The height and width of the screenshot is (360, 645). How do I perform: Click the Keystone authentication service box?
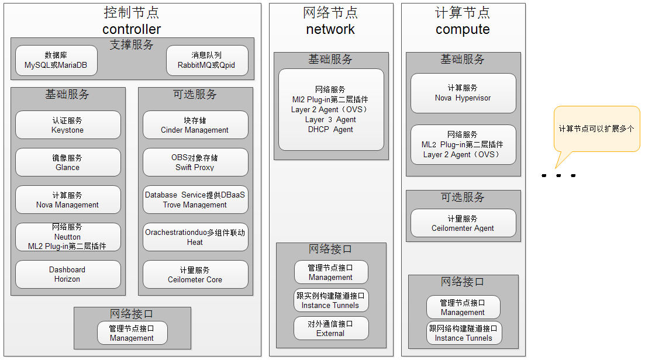pos(68,125)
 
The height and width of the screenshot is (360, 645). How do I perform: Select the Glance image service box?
pos(68,162)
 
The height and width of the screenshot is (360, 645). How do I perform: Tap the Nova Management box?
pos(68,200)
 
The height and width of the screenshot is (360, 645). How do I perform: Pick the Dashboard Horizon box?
pos(68,275)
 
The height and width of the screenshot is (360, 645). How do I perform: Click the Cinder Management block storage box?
pos(195,125)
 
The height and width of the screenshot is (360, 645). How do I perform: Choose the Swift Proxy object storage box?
pos(195,162)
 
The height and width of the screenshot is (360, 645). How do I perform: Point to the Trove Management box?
pos(195,200)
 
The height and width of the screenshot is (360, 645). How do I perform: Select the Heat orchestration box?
pos(195,237)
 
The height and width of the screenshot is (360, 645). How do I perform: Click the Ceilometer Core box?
pos(195,275)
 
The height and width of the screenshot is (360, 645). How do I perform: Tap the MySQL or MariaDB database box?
pos(56,60)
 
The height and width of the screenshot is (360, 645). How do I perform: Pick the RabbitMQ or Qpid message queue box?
pos(207,60)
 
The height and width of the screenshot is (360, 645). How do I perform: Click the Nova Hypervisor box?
pos(463,93)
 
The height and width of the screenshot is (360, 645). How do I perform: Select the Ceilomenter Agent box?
pos(463,223)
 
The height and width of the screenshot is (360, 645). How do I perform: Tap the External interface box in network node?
pos(331,328)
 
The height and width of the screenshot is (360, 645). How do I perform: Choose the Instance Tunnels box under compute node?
pos(464,333)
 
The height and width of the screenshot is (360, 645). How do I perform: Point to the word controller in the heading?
pos(132,29)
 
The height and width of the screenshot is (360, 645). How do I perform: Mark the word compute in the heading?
pos(463,29)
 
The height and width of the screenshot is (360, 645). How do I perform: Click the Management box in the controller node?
pos(132,333)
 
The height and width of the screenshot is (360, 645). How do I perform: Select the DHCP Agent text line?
pos(330,129)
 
